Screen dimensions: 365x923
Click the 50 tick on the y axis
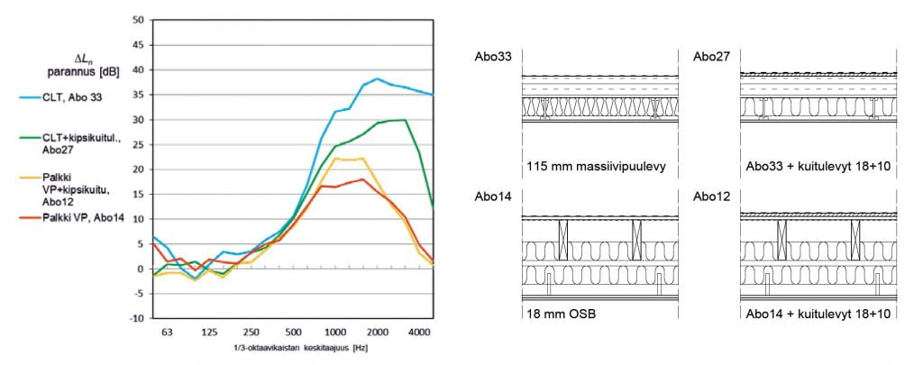pyautogui.click(x=138, y=20)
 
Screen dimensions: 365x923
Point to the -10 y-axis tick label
pyautogui.click(x=136, y=318)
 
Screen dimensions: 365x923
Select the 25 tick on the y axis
pyautogui.click(x=138, y=144)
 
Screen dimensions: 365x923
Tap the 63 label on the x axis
pyautogui.click(x=166, y=333)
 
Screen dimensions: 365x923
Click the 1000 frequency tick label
pyautogui.click(x=335, y=333)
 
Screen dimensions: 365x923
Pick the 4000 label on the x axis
pyautogui.click(x=419, y=333)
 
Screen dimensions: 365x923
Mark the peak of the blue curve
pyautogui.click(x=377, y=78)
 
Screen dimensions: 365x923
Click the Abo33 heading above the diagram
pyautogui.click(x=494, y=58)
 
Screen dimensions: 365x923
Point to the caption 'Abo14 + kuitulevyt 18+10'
pyautogui.click(x=818, y=314)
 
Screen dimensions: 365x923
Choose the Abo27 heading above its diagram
pyautogui.click(x=711, y=58)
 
